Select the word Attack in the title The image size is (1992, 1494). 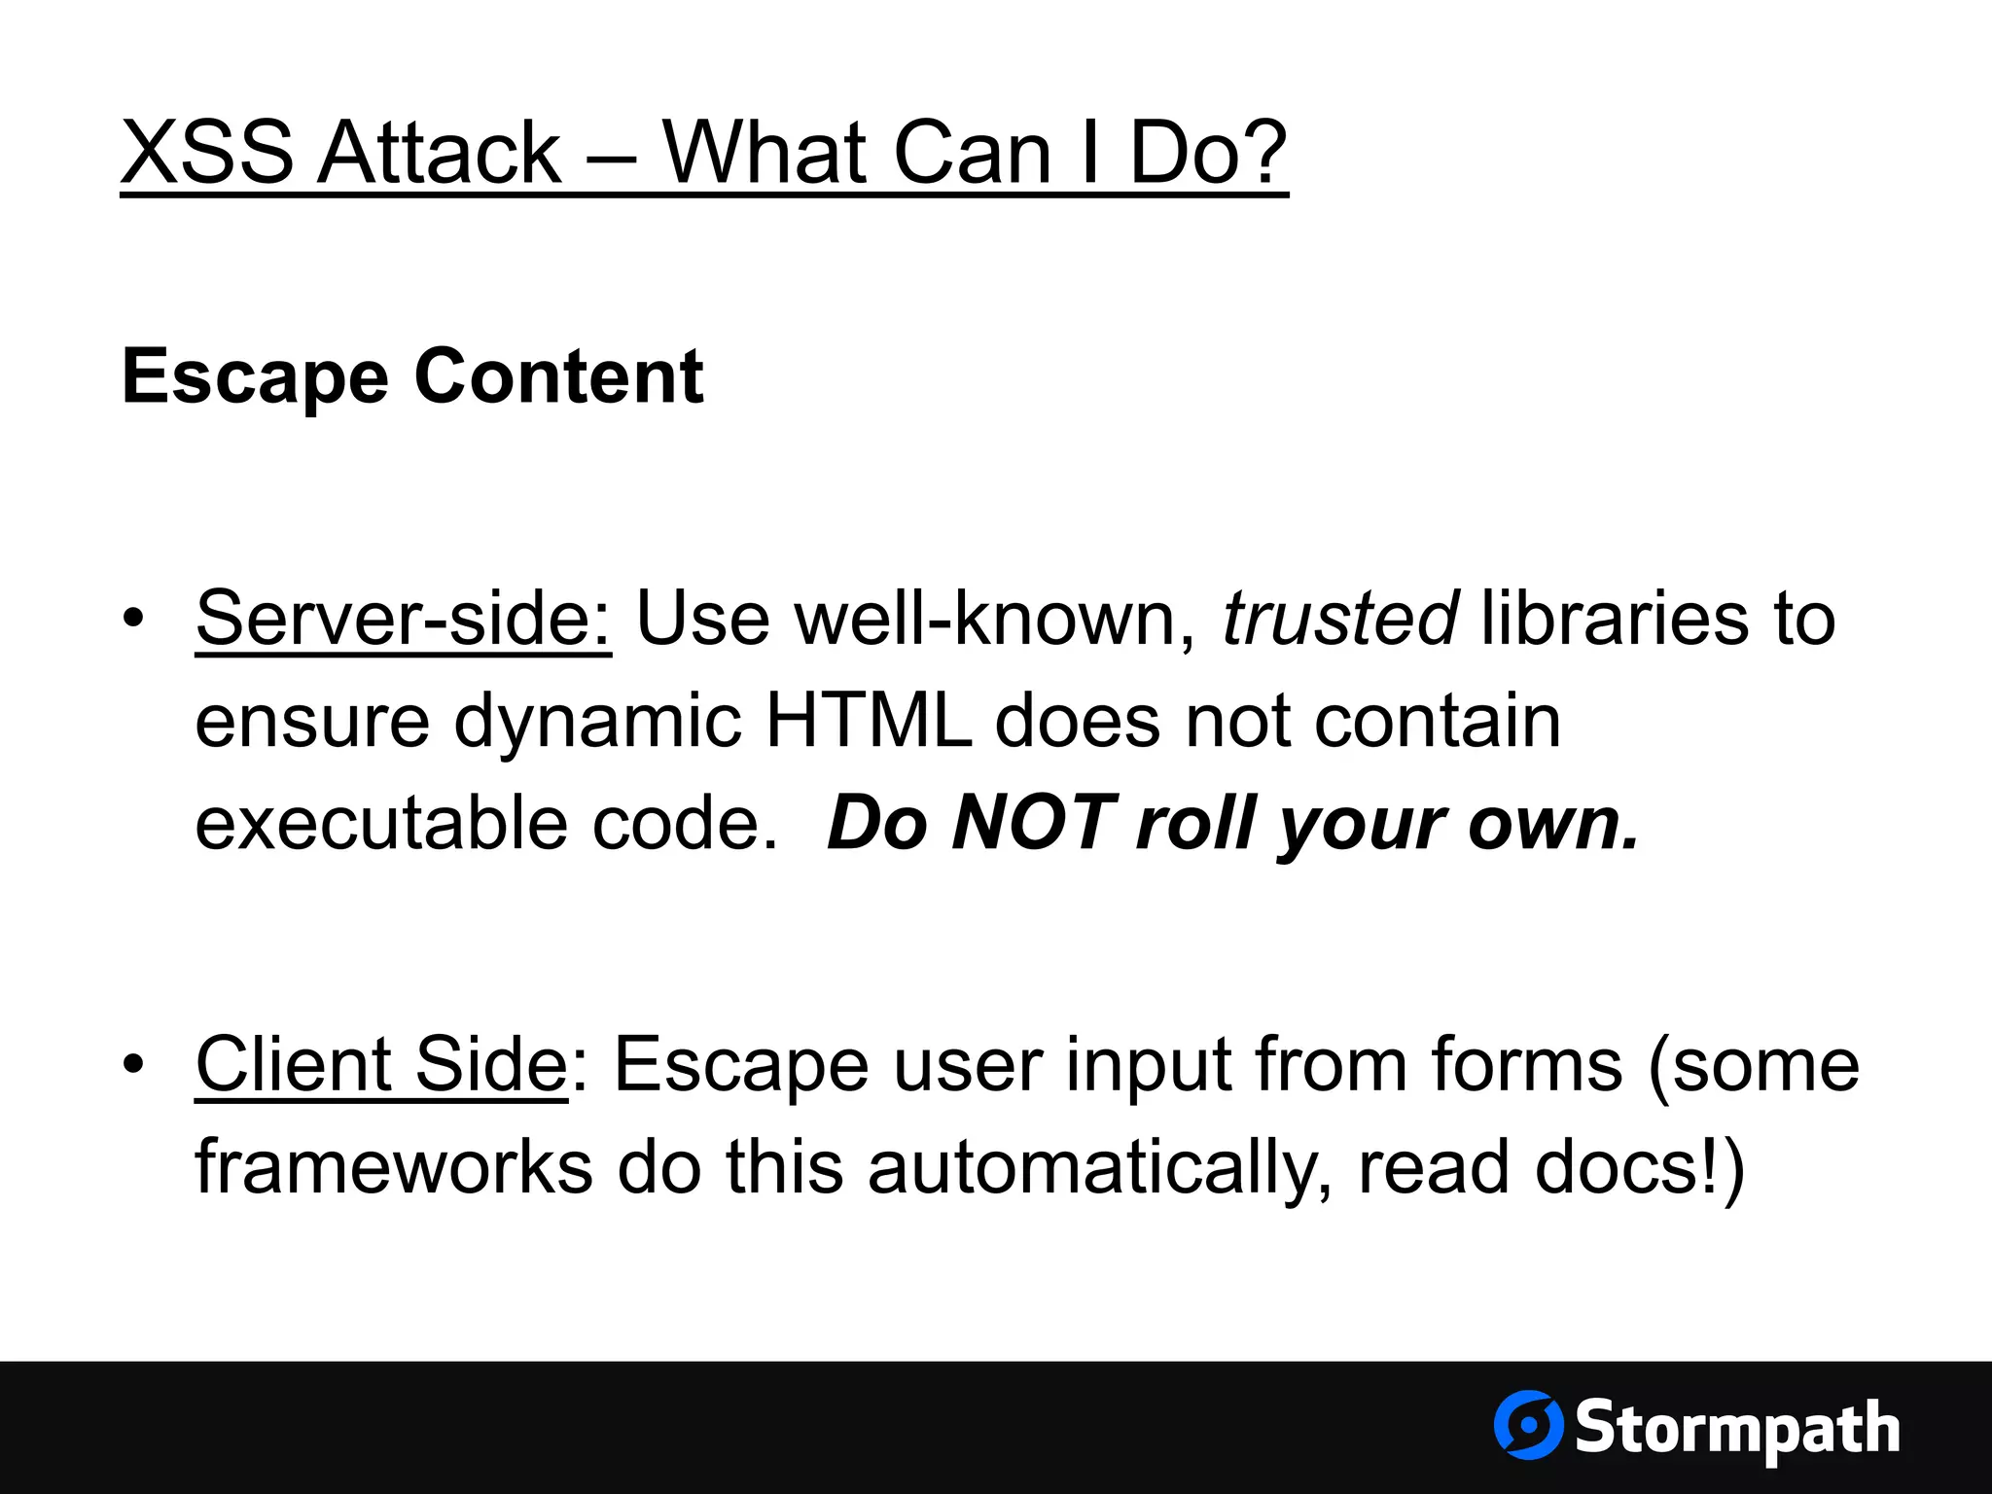point(440,153)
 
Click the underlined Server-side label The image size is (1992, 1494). point(404,619)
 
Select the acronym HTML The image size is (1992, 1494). point(869,722)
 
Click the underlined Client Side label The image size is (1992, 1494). point(381,1065)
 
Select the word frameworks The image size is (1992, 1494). point(394,1167)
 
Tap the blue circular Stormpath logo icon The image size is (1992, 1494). point(1528,1425)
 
